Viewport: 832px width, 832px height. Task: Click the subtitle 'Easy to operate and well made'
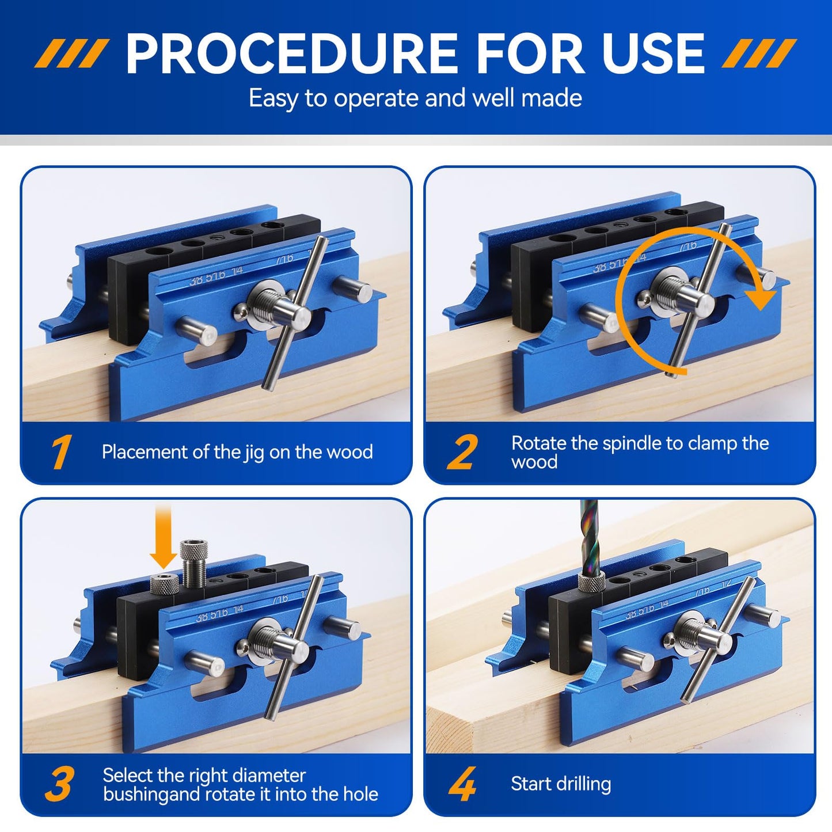[415, 98]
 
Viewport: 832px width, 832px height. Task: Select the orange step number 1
[60, 453]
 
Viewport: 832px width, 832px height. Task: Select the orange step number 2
[462, 453]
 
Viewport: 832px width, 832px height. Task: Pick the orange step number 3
[59, 784]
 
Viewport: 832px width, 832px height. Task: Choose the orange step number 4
[462, 784]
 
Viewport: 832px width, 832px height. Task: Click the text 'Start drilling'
[561, 784]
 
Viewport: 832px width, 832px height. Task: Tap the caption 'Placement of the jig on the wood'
[237, 452]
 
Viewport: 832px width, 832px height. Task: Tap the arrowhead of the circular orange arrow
[763, 297]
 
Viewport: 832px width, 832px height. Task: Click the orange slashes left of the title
[71, 54]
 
